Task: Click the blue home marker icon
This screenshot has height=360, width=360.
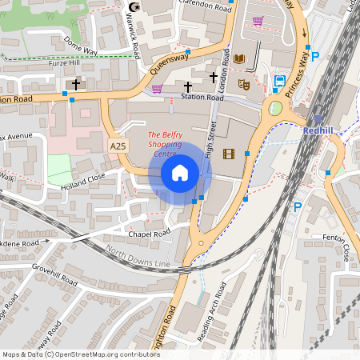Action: pyautogui.click(x=179, y=173)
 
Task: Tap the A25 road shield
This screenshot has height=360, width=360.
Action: pyautogui.click(x=118, y=146)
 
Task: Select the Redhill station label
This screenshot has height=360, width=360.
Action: pyautogui.click(x=323, y=129)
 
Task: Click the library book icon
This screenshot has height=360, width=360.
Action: pyautogui.click(x=239, y=59)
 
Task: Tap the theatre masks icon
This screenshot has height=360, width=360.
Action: pyautogui.click(x=244, y=83)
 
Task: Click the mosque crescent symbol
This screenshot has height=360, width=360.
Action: pyautogui.click(x=134, y=8)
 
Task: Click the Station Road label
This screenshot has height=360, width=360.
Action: pyautogui.click(x=202, y=98)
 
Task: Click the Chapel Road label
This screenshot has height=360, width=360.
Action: pyautogui.click(x=150, y=234)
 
